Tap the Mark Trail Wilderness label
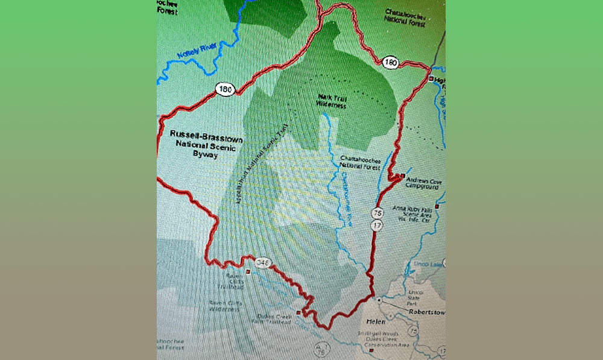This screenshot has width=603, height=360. pos(331,101)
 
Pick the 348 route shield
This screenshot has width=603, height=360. pos(262,262)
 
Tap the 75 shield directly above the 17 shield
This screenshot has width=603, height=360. pos(377,213)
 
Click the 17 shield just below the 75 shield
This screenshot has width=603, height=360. pos(377,224)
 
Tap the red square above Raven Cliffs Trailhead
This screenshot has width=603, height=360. pos(248,271)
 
